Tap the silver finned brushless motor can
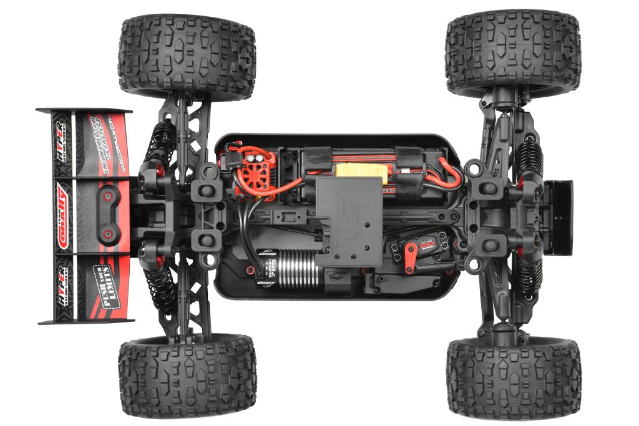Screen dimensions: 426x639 (x=298, y=269)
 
